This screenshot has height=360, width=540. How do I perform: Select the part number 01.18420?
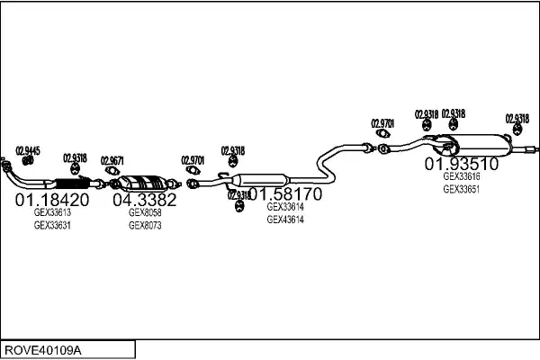tap(52, 200)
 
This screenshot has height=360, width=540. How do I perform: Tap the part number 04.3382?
tap(144, 200)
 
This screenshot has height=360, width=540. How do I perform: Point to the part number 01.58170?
tap(285, 193)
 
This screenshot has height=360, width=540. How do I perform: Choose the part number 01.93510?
tap(461, 164)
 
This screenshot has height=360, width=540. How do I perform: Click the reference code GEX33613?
tap(52, 213)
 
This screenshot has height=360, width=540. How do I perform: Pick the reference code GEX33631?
tap(52, 225)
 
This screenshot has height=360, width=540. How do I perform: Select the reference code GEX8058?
tap(145, 213)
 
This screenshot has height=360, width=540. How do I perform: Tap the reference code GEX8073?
tap(145, 225)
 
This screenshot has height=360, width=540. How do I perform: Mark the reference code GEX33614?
tap(285, 207)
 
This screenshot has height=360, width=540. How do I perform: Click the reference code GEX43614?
tap(285, 219)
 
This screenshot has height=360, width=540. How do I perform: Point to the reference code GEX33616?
tap(461, 177)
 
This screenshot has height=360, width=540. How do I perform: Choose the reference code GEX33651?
tap(461, 189)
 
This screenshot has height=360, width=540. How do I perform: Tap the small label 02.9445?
tap(28, 150)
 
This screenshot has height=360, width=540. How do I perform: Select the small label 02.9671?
tap(112, 158)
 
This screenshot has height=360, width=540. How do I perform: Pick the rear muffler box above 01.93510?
tap(482, 142)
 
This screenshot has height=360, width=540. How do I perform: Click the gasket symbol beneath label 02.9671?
tap(112, 171)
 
